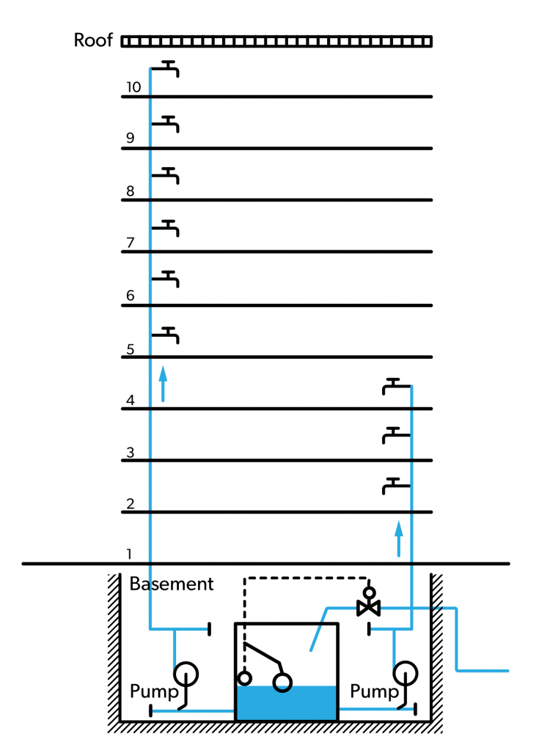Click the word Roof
point(93,40)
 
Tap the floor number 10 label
point(133,87)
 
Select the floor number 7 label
point(130,242)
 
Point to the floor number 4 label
point(130,400)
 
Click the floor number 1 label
point(130,554)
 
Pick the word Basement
point(172,584)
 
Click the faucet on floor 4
point(395,386)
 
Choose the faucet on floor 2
point(395,485)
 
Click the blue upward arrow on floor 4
point(163,384)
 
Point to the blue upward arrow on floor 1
point(399,539)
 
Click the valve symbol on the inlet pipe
point(368,607)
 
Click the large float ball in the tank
point(282,683)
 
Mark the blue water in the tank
point(286,703)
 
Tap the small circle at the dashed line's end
point(245,678)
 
